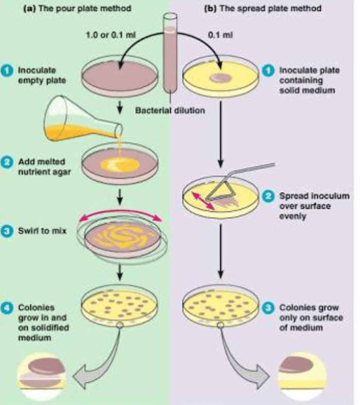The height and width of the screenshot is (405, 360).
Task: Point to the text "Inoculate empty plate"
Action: click(x=39, y=75)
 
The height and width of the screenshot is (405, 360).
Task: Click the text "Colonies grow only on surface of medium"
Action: click(x=308, y=318)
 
